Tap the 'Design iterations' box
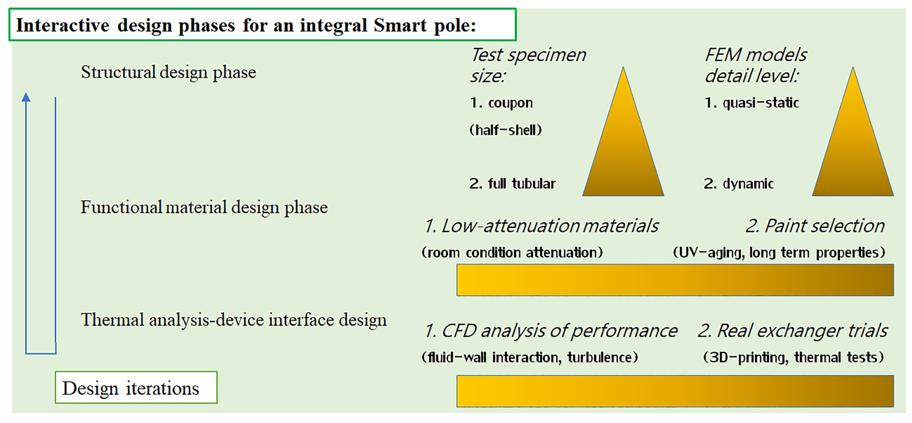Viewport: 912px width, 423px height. tap(136, 387)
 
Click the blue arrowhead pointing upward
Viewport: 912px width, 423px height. tap(26, 97)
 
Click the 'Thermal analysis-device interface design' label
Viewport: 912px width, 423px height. tap(234, 320)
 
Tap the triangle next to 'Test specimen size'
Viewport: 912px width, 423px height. tap(623, 142)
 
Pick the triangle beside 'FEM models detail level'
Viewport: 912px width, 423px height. tap(853, 142)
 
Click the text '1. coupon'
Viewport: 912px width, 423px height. tap(501, 103)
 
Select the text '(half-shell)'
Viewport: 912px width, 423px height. tap(506, 130)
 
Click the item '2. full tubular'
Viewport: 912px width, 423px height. tap(512, 184)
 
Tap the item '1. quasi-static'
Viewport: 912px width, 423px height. tap(752, 103)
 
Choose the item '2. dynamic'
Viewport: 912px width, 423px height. tap(738, 184)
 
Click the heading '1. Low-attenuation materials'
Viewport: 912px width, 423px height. tap(541, 226)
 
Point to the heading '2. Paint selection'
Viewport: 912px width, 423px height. tap(815, 226)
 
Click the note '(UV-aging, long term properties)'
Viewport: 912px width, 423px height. tap(779, 253)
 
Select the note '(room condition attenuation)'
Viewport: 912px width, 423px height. tap(512, 253)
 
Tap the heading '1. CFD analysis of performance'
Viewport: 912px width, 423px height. tap(551, 331)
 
